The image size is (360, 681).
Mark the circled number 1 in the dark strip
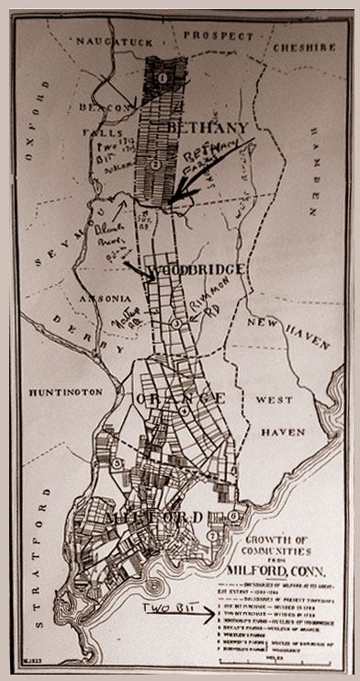point(162,78)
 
